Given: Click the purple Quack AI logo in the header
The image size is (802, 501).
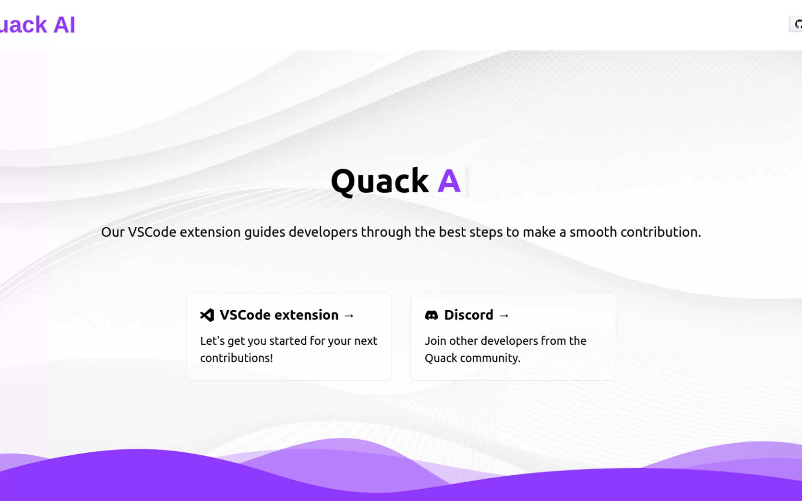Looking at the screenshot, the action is point(37,25).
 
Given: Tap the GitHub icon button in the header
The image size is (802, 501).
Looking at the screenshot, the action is point(796,24).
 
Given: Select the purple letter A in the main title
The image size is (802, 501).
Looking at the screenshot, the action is point(449,181).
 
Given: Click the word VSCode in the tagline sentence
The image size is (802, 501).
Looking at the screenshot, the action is point(152,232).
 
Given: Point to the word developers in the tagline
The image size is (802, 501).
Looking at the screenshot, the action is point(323,232).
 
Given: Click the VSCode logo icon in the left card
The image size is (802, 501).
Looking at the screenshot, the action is point(207,315).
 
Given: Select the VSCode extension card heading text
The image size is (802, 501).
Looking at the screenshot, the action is point(279,315).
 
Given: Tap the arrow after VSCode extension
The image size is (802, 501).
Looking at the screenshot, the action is point(349,316).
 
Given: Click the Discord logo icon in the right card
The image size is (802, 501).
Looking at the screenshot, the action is point(431,315).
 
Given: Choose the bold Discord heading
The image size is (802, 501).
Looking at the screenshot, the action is point(469,315).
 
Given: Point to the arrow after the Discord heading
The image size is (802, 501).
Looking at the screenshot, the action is point(504,316).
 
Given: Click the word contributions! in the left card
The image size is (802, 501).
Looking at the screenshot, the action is point(237,358).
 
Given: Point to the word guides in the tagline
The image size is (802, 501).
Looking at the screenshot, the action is point(265,232).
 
